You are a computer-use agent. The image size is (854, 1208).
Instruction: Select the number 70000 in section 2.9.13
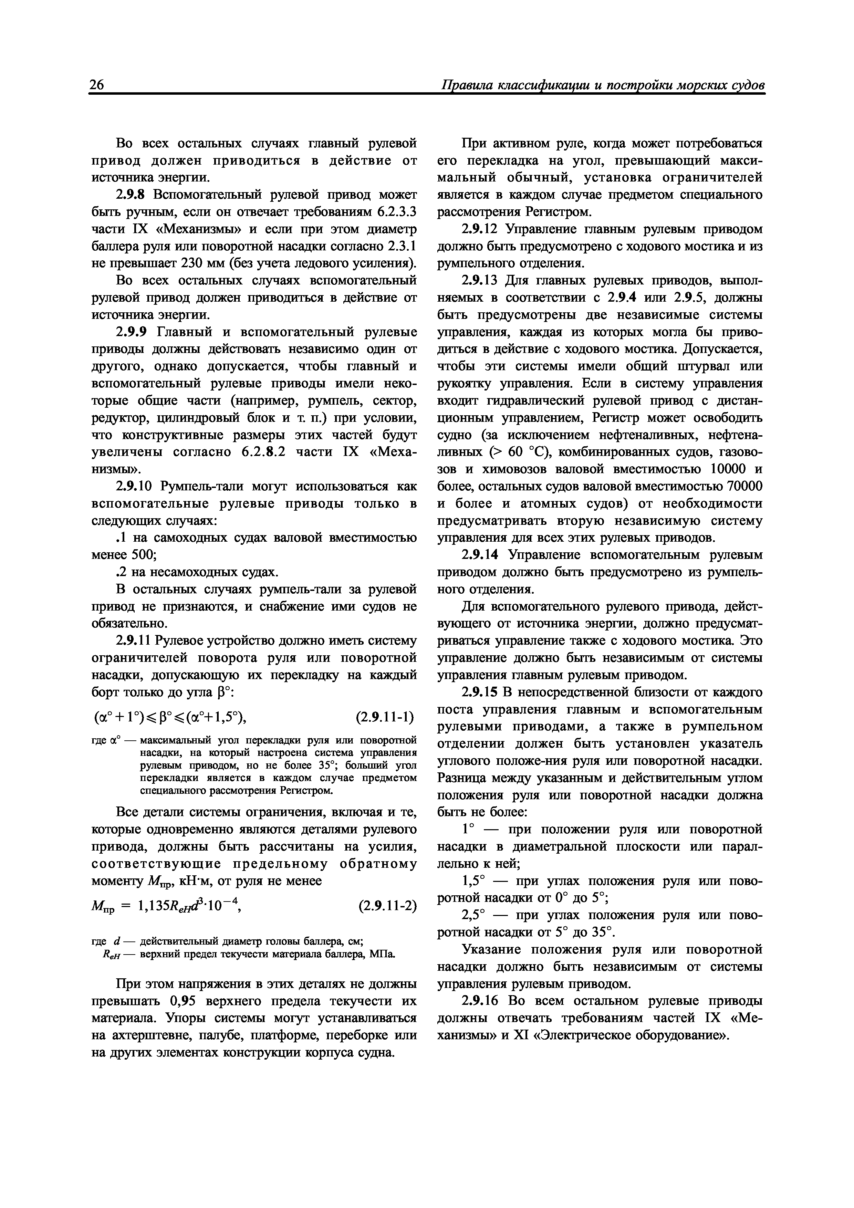744,486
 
